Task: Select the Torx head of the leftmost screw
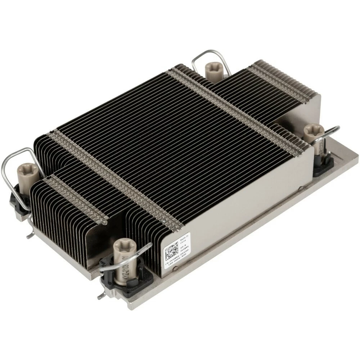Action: (x=26, y=167)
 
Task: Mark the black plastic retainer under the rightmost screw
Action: (x=322, y=166)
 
